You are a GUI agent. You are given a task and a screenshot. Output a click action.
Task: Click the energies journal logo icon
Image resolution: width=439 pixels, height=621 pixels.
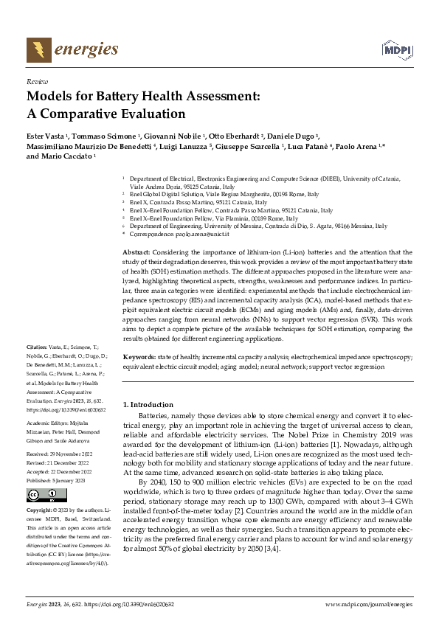coord(37,49)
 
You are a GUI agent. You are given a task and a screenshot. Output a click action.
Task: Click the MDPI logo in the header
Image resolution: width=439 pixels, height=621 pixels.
coord(396,49)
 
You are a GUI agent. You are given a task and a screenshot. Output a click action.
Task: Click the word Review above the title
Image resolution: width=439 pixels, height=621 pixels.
coord(36,82)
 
